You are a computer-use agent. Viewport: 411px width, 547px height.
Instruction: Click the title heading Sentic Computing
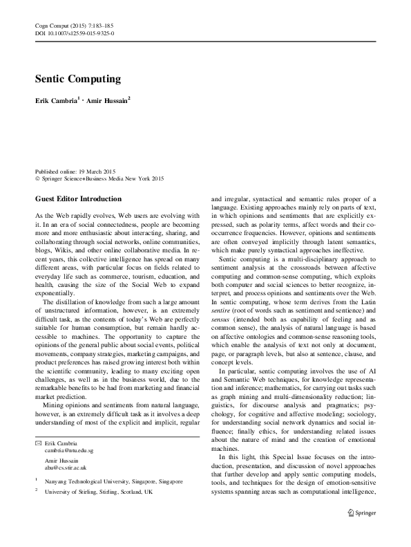coord(78,79)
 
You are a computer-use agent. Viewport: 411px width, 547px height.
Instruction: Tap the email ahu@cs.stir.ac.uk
coord(66,466)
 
